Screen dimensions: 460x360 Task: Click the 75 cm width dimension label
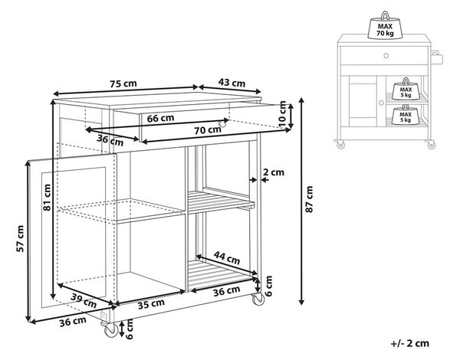pyautogui.click(x=123, y=83)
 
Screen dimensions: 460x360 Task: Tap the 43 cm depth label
pyautogui.click(x=232, y=83)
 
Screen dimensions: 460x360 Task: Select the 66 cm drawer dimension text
pyautogui.click(x=160, y=118)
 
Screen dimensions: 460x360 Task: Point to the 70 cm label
pyautogui.click(x=208, y=130)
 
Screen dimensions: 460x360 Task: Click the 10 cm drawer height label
pyautogui.click(x=282, y=114)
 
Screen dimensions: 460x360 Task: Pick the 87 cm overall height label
pyautogui.click(x=309, y=199)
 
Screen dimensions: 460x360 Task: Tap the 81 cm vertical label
pyautogui.click(x=47, y=198)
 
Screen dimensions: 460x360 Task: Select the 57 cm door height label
pyautogui.click(x=20, y=239)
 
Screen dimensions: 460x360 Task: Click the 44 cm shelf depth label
pyautogui.click(x=227, y=257)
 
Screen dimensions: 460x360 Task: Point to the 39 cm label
pyautogui.click(x=84, y=300)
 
